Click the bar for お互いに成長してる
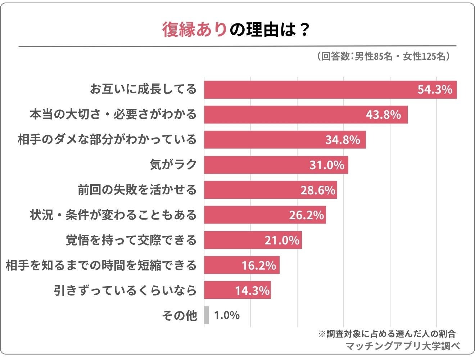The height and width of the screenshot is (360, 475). (309, 89)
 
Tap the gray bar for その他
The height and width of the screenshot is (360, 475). (206, 315)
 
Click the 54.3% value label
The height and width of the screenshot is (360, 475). (435, 89)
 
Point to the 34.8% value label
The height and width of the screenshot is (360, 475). (343, 140)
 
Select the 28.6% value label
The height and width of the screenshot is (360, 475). (318, 190)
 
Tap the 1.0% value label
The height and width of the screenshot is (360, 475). (227, 315)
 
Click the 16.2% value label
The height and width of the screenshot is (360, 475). (259, 265)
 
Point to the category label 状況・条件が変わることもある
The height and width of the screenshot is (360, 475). (113, 215)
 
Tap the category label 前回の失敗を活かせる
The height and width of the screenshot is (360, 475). (137, 190)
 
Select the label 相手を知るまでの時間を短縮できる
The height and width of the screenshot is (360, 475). (101, 265)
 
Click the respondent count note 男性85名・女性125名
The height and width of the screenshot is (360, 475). (384, 57)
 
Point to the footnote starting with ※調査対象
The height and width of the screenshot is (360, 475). (387, 333)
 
